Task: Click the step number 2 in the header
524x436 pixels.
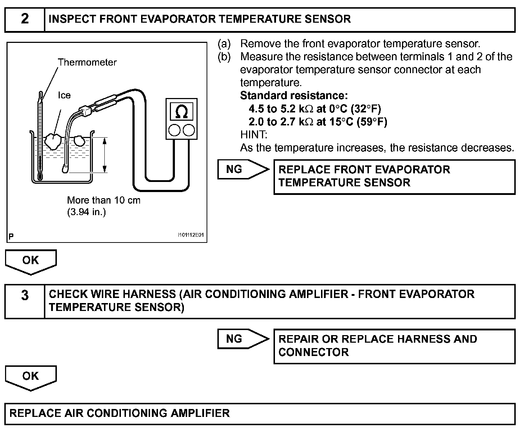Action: (24, 19)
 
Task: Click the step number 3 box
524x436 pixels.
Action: (24, 301)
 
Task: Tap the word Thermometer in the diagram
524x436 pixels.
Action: (87, 62)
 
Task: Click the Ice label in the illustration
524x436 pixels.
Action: (64, 95)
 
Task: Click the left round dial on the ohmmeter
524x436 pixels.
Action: (174, 130)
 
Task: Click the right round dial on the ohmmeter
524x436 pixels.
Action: (189, 130)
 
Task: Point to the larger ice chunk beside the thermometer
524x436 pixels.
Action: (53, 141)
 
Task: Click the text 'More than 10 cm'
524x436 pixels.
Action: (104, 200)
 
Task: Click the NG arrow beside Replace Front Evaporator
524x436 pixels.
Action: (243, 169)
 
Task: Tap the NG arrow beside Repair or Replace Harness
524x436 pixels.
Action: (243, 339)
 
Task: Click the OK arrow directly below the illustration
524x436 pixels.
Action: (31, 261)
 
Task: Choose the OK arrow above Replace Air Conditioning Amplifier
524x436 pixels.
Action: (31, 377)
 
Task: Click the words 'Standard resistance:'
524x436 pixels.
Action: (294, 95)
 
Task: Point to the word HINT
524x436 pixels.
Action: (253, 135)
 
